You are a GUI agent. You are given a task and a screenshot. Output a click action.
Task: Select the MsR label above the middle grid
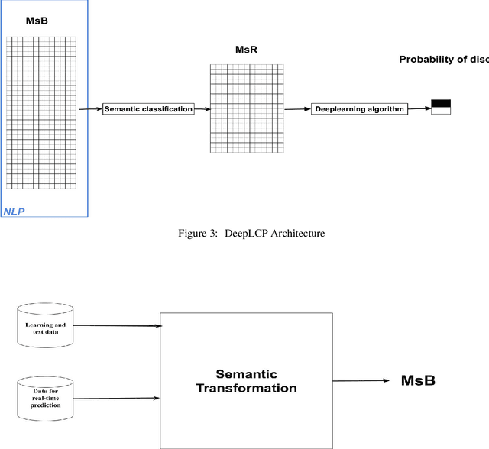(x=245, y=50)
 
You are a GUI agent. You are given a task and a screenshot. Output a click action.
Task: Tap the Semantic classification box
(x=147, y=109)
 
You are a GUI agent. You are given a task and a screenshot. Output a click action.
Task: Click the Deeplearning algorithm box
(x=358, y=109)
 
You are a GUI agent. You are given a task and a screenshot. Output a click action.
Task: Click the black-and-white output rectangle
(x=441, y=107)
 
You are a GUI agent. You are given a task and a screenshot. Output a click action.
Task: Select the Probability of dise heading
(x=443, y=59)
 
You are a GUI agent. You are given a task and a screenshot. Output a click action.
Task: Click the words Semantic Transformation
(x=246, y=381)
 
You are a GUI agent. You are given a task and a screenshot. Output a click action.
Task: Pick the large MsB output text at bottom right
(x=418, y=380)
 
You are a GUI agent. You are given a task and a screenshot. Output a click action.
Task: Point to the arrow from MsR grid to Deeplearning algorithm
(x=296, y=109)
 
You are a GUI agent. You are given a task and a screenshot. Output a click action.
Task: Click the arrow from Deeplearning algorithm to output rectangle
(x=418, y=109)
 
